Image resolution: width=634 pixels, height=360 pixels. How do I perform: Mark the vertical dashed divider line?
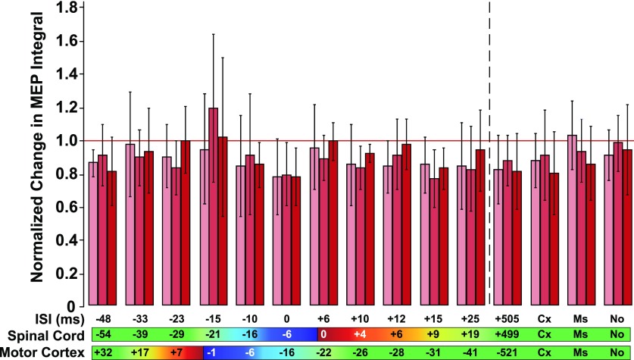[490, 152]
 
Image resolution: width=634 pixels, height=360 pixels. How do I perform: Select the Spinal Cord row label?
[45, 334]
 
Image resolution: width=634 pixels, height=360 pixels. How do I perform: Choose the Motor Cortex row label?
[45, 352]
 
